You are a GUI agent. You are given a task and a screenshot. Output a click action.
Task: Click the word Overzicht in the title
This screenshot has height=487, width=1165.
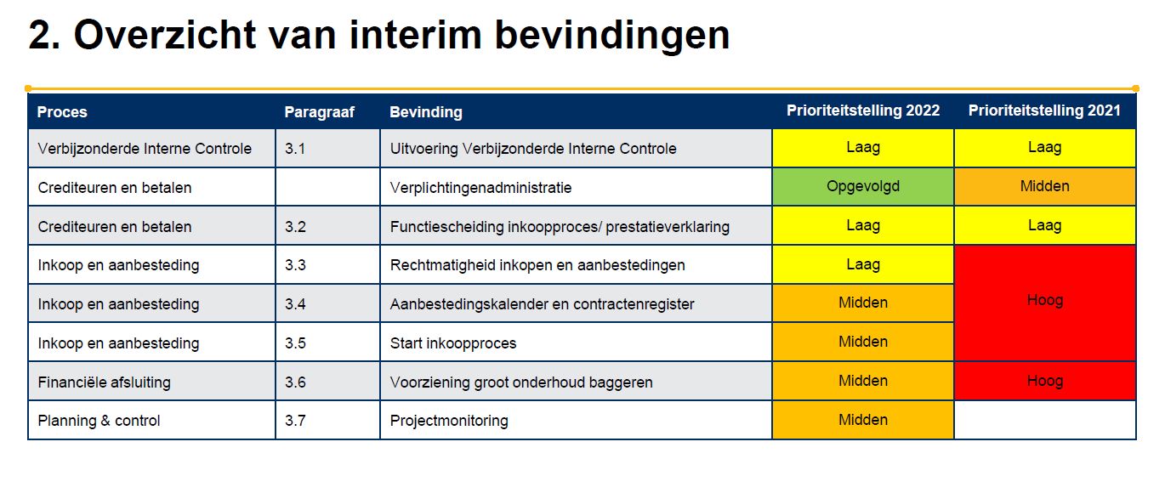pos(165,35)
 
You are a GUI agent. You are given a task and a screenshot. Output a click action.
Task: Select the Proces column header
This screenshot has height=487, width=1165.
pos(62,111)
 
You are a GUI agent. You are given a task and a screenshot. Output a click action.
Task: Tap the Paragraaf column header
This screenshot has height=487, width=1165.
pos(320,111)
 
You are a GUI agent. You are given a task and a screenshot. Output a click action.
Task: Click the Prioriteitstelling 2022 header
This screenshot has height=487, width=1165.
pos(863,110)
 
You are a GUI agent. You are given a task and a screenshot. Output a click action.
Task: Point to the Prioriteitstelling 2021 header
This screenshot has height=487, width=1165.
pos(1044,110)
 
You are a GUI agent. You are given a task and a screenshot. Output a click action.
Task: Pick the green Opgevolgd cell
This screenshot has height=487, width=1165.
pos(863,186)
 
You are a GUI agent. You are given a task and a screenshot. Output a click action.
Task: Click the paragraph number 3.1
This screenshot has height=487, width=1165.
pos(295,149)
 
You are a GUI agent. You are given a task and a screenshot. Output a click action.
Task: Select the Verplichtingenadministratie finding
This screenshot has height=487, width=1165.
pos(480,188)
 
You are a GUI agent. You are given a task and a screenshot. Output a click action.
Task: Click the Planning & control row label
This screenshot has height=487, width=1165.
pos(99,421)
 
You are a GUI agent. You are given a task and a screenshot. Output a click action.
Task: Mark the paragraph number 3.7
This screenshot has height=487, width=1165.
pos(295,421)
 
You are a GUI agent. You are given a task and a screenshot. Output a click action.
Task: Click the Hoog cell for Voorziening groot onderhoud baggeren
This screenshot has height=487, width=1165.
pos(1045,381)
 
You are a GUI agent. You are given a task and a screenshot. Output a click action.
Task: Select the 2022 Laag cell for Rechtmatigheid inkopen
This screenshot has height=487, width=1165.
pos(863,264)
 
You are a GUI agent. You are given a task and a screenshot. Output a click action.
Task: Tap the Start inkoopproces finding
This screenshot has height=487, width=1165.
pos(453,343)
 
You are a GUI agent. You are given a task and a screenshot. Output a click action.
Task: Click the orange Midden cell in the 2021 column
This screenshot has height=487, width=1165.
pos(1045,186)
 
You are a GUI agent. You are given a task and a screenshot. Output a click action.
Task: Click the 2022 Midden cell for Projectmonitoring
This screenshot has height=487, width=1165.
pos(863,420)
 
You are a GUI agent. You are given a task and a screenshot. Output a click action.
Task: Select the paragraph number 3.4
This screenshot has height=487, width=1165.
pos(295,304)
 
